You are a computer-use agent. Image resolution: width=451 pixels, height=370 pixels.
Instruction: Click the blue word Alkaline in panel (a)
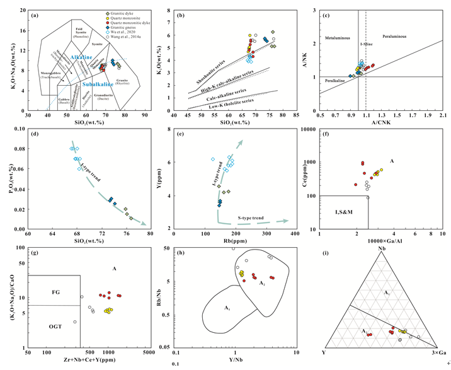[x=81, y=57]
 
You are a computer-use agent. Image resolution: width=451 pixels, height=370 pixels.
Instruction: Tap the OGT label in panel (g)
[x=44, y=326]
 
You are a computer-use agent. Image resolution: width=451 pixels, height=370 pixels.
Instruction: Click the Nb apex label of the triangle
[x=382, y=250]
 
